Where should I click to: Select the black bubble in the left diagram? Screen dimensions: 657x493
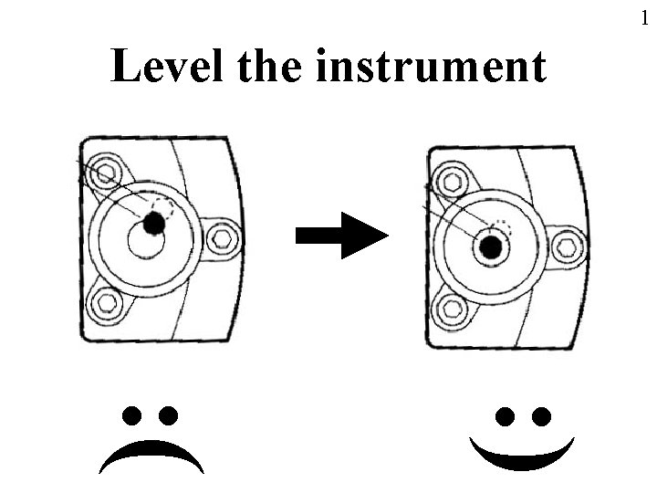(153, 221)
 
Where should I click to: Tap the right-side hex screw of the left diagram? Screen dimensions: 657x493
(221, 239)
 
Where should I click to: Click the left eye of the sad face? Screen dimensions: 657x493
(133, 415)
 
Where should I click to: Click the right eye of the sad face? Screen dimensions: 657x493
(168, 415)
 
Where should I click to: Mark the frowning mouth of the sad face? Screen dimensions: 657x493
(151, 453)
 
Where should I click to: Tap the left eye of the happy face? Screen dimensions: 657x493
(505, 416)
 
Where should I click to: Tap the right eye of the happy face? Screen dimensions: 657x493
(540, 416)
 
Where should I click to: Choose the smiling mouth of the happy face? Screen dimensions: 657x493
(522, 456)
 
